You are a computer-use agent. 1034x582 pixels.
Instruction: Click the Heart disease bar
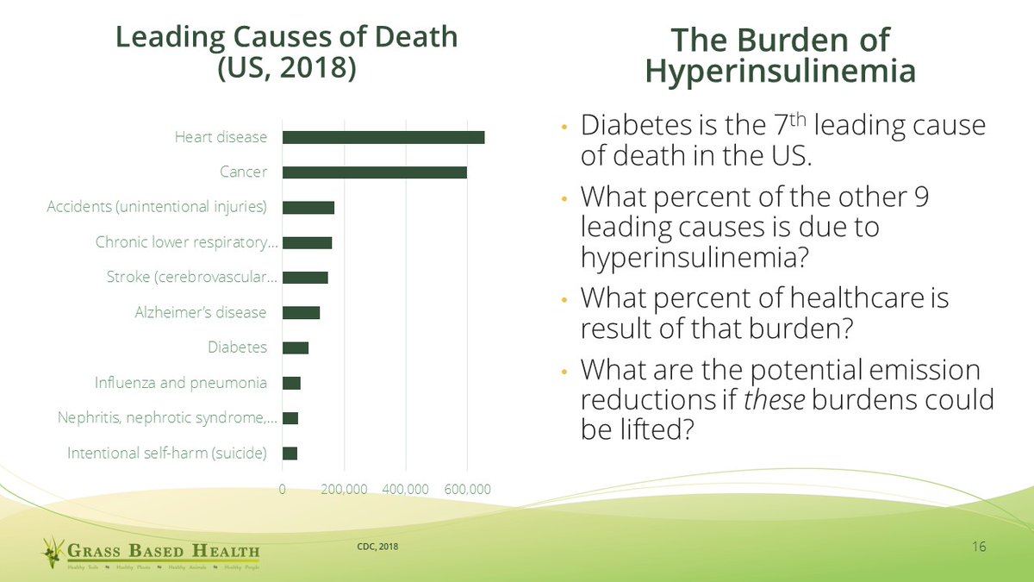[x=383, y=137]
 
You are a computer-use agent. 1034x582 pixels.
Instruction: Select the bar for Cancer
[x=375, y=172]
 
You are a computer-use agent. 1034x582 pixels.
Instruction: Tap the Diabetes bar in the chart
[x=296, y=347]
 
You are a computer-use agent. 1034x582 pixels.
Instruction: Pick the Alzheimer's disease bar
[x=302, y=312]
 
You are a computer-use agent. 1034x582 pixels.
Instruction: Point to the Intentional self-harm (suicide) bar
[x=290, y=453]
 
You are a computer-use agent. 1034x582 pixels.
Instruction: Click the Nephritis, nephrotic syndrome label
[x=167, y=418]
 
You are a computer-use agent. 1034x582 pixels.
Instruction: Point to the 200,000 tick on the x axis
[x=344, y=489]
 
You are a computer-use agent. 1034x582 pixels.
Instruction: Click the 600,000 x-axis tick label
[x=467, y=489]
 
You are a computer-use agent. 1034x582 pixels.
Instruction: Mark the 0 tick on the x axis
[x=283, y=489]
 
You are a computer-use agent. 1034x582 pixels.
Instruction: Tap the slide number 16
[x=978, y=548]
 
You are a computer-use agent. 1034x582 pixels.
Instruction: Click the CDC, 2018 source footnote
[x=377, y=546]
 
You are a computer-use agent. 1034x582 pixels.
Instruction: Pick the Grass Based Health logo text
[x=164, y=551]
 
